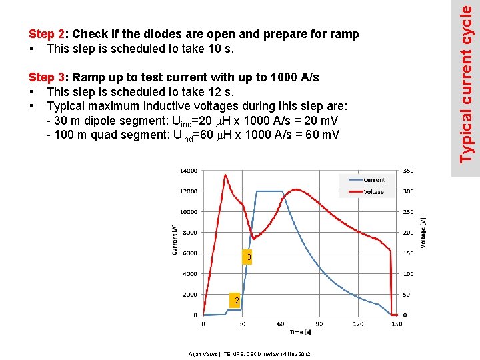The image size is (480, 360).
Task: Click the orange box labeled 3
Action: point(247,257)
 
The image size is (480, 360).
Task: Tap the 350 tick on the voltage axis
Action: point(408,171)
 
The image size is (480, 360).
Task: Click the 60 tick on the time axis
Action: point(280,324)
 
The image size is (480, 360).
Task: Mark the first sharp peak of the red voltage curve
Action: point(225,175)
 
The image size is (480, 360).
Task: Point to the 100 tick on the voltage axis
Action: point(408,274)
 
